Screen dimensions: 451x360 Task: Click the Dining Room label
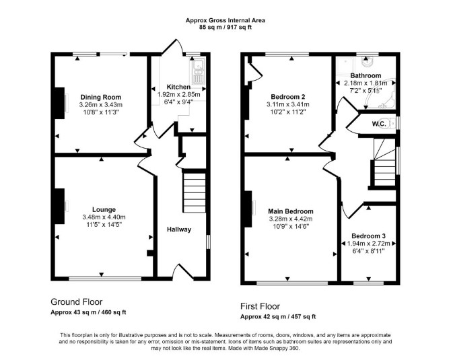pos(101,97)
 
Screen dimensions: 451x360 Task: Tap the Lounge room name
pos(104,210)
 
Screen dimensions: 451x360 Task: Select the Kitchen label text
pos(178,87)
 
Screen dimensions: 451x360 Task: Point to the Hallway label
pos(179,229)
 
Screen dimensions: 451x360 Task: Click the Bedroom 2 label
pos(288,97)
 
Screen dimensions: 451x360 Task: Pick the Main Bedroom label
pos(291,211)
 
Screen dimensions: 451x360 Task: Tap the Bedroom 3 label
pos(368,236)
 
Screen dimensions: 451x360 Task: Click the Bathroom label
pos(366,75)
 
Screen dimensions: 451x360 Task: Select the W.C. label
pos(379,124)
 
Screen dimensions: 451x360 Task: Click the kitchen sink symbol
pos(198,71)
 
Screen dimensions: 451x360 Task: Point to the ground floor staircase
pos(195,192)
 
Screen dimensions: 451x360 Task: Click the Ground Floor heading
pos(77,302)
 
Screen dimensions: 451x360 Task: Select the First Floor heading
pos(260,306)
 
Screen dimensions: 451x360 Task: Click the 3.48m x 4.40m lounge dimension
pos(104,217)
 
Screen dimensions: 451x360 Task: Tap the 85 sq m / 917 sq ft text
pos(225,28)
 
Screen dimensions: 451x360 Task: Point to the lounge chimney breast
pos(59,206)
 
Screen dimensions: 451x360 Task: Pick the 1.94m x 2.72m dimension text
pos(368,244)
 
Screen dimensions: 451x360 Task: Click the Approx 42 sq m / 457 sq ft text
pos(278,317)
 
